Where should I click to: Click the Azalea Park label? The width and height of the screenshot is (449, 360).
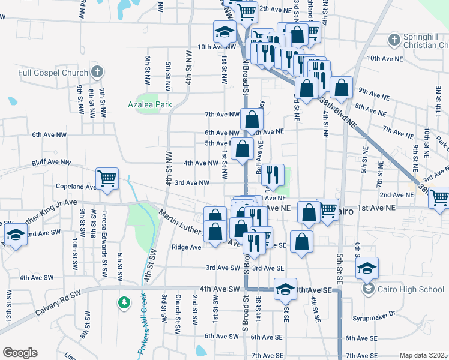[150, 104]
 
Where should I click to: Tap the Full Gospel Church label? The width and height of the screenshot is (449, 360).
[53, 73]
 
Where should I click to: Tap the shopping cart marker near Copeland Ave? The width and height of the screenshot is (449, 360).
[107, 178]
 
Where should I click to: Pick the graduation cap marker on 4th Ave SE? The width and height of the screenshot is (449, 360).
[286, 289]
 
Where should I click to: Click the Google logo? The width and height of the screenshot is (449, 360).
[20, 353]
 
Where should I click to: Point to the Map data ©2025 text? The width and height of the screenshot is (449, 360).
[424, 355]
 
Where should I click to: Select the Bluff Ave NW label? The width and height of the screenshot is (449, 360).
[51, 163]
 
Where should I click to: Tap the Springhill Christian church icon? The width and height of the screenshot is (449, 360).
[394, 41]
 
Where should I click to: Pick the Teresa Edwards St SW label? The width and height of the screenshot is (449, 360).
[104, 243]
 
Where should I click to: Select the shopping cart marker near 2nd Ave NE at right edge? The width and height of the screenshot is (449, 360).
[439, 197]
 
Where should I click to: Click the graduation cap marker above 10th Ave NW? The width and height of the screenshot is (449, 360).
[224, 32]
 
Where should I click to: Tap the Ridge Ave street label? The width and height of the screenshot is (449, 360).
[187, 247]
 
